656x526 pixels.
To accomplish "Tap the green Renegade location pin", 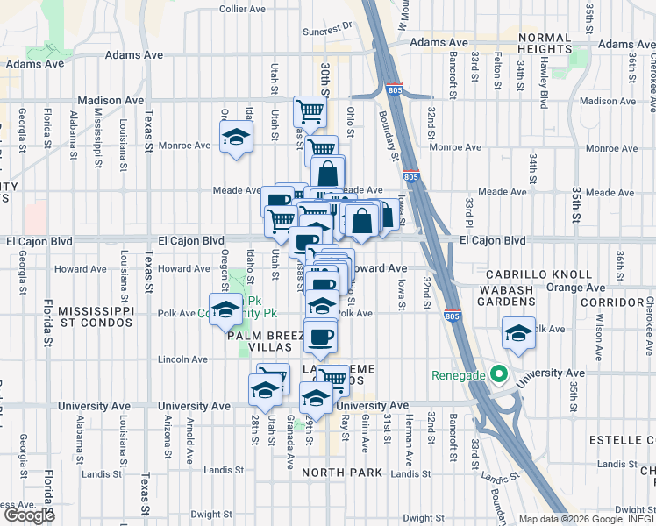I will tap(499, 376).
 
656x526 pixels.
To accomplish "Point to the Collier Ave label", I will tap(243, 9).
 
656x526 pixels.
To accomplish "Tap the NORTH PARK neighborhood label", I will tap(342, 473).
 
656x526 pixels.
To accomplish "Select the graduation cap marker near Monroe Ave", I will tap(236, 137).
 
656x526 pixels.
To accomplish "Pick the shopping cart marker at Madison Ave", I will tap(310, 111).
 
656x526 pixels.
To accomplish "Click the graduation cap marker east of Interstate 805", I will tap(518, 334).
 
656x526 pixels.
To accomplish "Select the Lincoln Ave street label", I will tap(182, 359).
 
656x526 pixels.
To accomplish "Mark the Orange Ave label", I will tap(575, 287).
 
